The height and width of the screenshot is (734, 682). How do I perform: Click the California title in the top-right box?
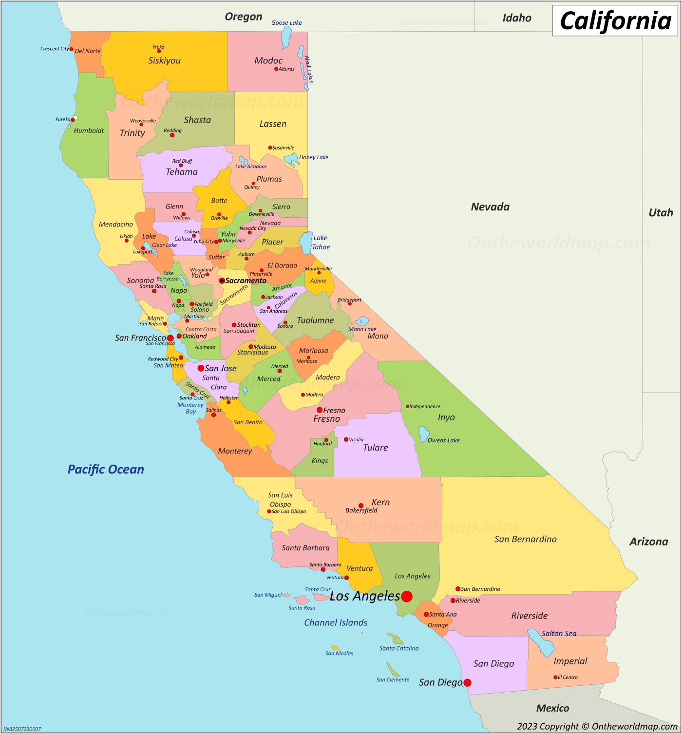point(615,21)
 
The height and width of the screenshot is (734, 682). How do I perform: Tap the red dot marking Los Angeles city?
point(407,596)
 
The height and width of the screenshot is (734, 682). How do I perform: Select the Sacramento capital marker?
point(222,281)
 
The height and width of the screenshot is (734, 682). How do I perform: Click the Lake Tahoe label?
point(321,242)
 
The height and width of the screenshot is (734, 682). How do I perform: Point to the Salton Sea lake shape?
point(542,642)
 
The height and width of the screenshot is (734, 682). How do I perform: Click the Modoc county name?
point(268,60)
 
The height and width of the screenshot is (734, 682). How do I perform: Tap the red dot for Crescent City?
point(71,49)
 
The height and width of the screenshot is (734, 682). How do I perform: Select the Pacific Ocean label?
point(106,470)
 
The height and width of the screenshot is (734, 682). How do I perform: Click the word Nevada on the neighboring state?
point(490,207)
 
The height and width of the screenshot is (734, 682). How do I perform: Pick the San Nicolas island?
point(335,648)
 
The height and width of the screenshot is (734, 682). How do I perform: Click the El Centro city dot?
point(555,677)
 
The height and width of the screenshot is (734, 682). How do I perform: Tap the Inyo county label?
point(446,417)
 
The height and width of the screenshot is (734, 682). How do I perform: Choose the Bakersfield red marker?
point(361,506)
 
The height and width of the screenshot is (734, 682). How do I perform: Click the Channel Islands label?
point(336,622)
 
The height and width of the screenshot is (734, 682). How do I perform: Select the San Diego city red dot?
point(467,682)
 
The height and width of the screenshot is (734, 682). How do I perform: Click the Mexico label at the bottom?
point(552,708)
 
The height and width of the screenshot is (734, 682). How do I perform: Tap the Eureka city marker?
point(73,119)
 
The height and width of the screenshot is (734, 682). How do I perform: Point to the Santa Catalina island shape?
point(395,639)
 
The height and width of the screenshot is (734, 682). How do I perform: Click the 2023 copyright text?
point(597,726)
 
